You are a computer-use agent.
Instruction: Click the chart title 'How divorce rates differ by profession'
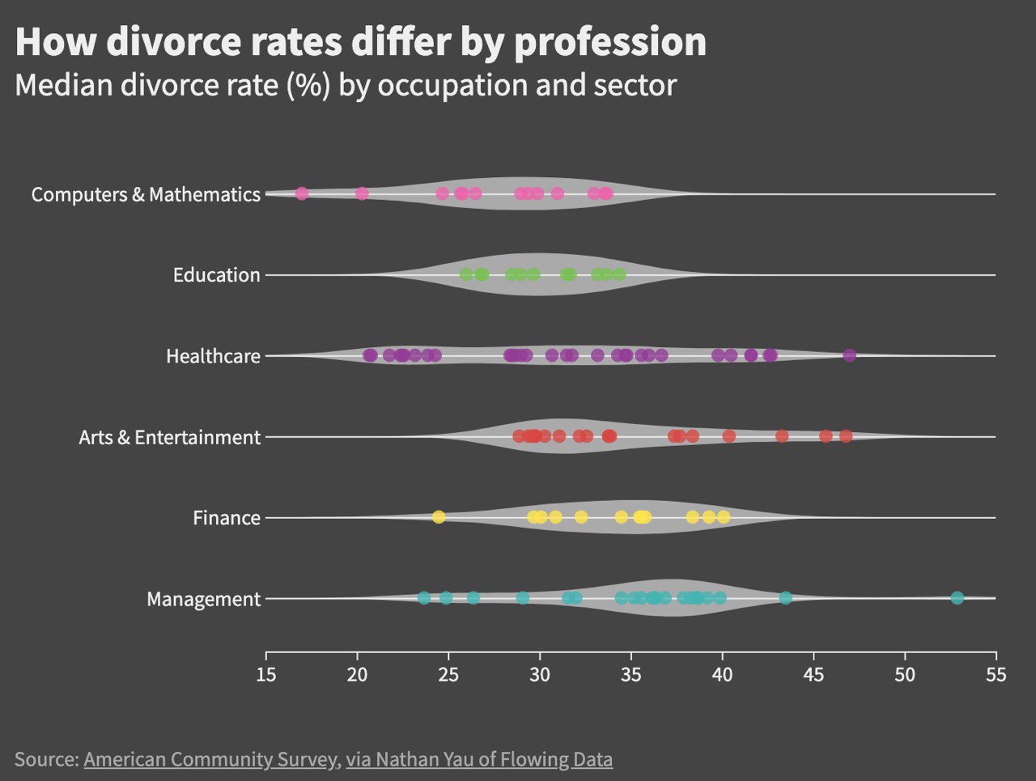360,42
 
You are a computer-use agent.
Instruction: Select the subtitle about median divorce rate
346,85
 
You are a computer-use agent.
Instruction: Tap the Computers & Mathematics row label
146,194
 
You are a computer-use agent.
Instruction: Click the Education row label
216,275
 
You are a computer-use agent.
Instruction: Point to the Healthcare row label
213,356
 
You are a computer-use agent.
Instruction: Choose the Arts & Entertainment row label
170,437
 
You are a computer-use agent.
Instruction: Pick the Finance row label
227,518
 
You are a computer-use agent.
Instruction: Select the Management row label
203,599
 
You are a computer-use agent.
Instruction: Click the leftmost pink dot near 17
302,193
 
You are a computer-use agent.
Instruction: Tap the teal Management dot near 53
957,598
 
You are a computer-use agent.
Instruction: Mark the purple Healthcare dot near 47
849,355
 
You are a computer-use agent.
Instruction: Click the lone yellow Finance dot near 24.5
439,517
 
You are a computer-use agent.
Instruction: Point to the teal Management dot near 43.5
785,598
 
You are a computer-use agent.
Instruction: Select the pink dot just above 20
362,193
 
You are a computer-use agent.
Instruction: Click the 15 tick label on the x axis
266,674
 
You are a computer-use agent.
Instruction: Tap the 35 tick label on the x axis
631,674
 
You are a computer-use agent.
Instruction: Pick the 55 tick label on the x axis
996,674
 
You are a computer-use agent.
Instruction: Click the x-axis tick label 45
813,674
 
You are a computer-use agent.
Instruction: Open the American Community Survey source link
210,759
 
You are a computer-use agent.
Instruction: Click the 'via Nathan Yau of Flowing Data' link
479,759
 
